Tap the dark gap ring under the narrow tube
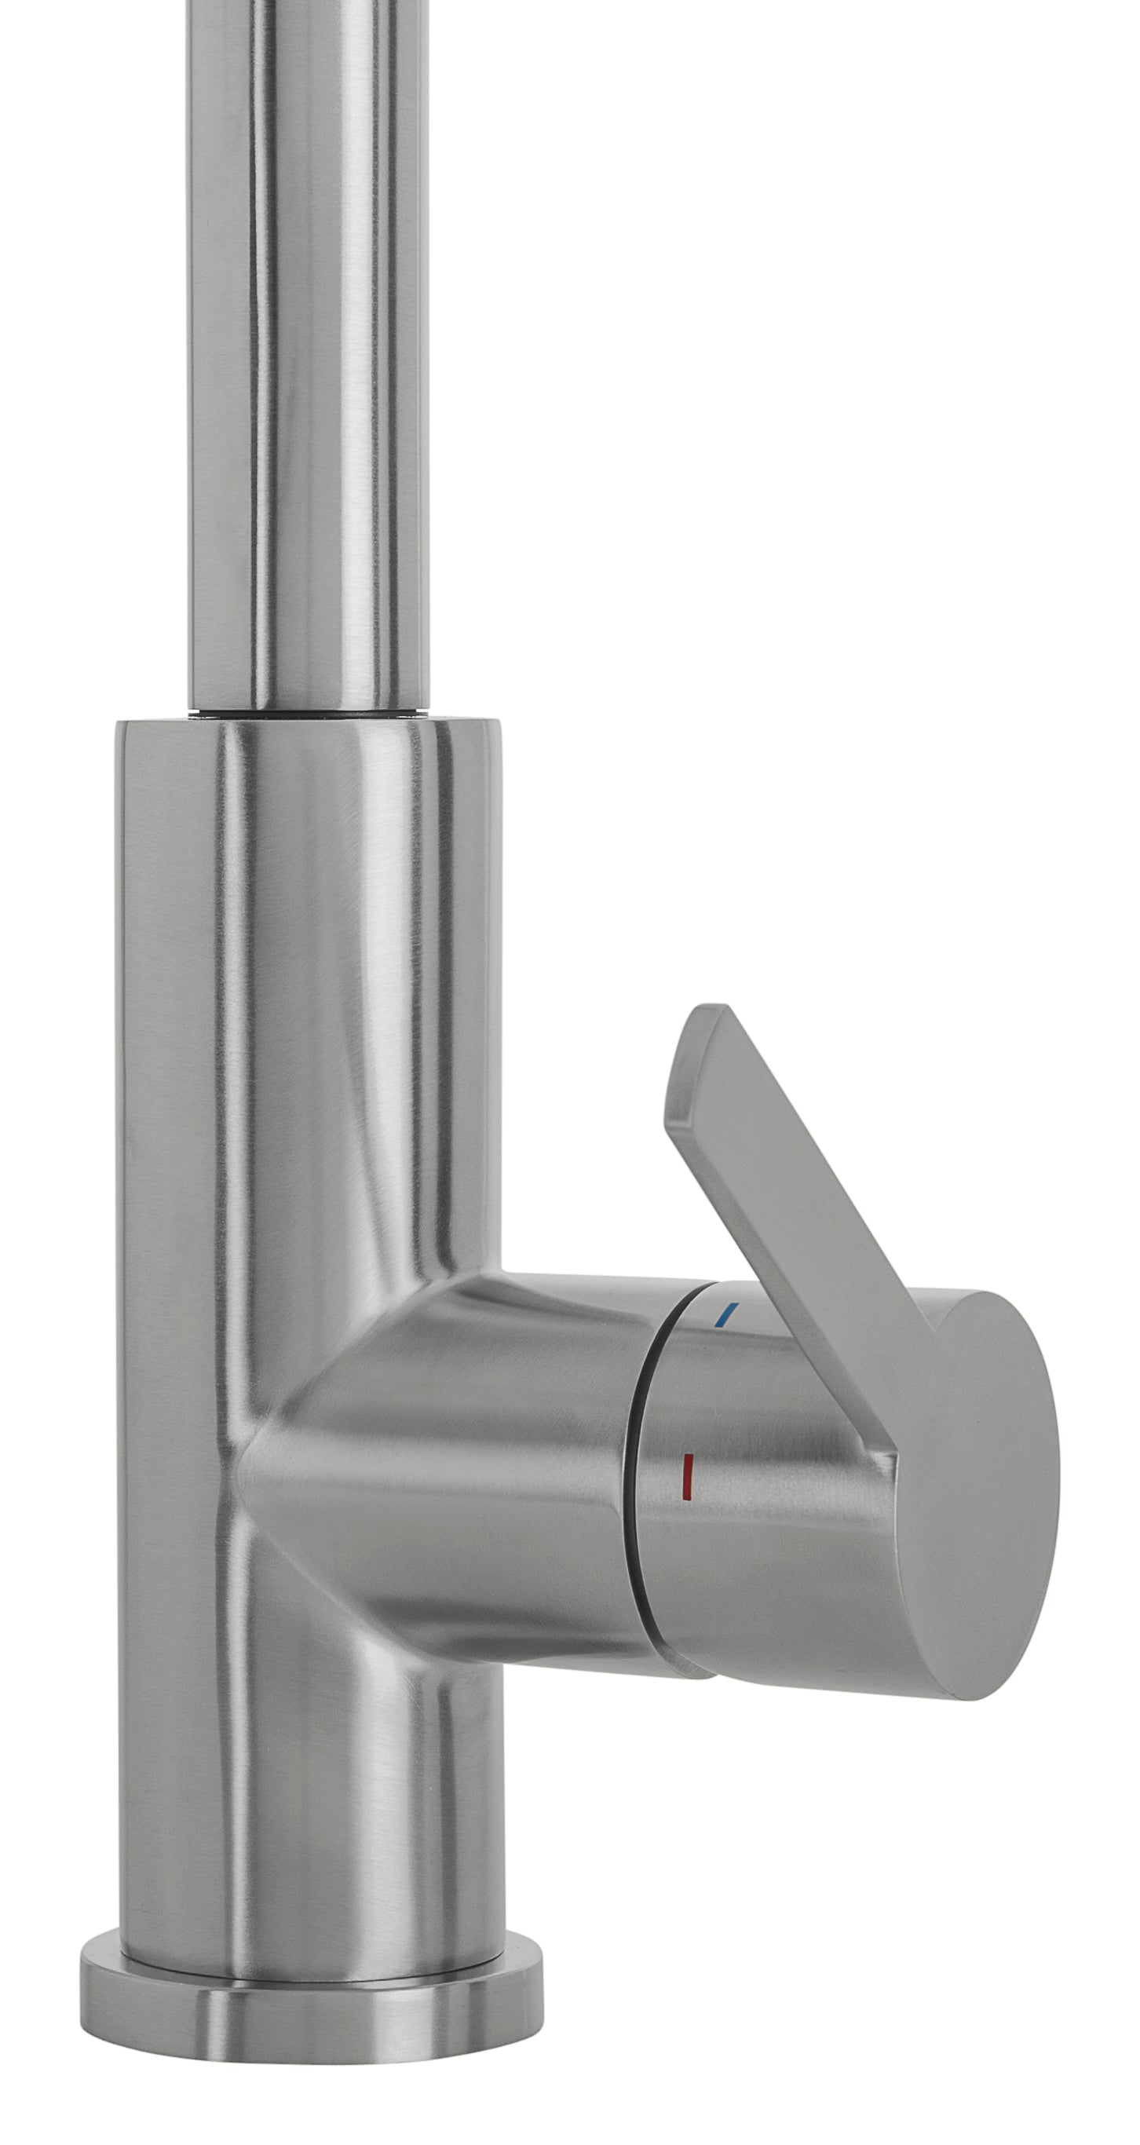(309, 711)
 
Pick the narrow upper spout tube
(309, 349)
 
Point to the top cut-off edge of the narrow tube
(309, 3)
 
